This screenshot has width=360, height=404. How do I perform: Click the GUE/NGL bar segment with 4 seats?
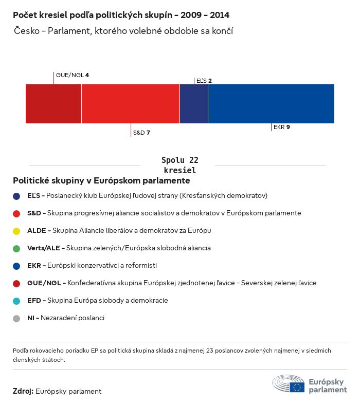point(53,104)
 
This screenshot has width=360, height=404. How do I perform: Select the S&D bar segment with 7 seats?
point(131,104)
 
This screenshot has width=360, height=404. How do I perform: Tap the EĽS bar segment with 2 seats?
point(194,104)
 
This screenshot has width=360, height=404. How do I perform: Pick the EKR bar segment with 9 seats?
point(271,104)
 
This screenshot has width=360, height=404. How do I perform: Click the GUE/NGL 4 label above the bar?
point(72,75)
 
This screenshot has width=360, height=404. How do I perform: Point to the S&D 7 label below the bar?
point(141,133)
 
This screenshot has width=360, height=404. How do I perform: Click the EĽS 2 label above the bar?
point(204,81)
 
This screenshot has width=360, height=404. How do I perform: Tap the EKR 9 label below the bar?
point(282,127)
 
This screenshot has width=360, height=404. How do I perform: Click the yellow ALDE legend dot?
point(16,231)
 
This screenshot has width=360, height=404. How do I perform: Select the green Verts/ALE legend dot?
point(16,248)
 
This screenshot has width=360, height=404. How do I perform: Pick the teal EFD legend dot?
point(16,301)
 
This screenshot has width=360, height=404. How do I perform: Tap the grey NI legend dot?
point(16,318)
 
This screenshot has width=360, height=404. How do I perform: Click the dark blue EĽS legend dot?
point(16,196)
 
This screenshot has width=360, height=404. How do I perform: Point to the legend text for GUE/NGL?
point(172,283)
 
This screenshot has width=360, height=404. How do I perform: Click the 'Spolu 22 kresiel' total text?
point(179,165)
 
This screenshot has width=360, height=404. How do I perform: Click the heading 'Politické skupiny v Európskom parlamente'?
point(101,181)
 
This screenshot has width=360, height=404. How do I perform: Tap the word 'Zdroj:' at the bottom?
point(23,391)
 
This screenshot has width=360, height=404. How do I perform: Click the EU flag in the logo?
point(297,387)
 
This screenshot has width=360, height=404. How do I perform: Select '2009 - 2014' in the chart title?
point(205,15)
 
